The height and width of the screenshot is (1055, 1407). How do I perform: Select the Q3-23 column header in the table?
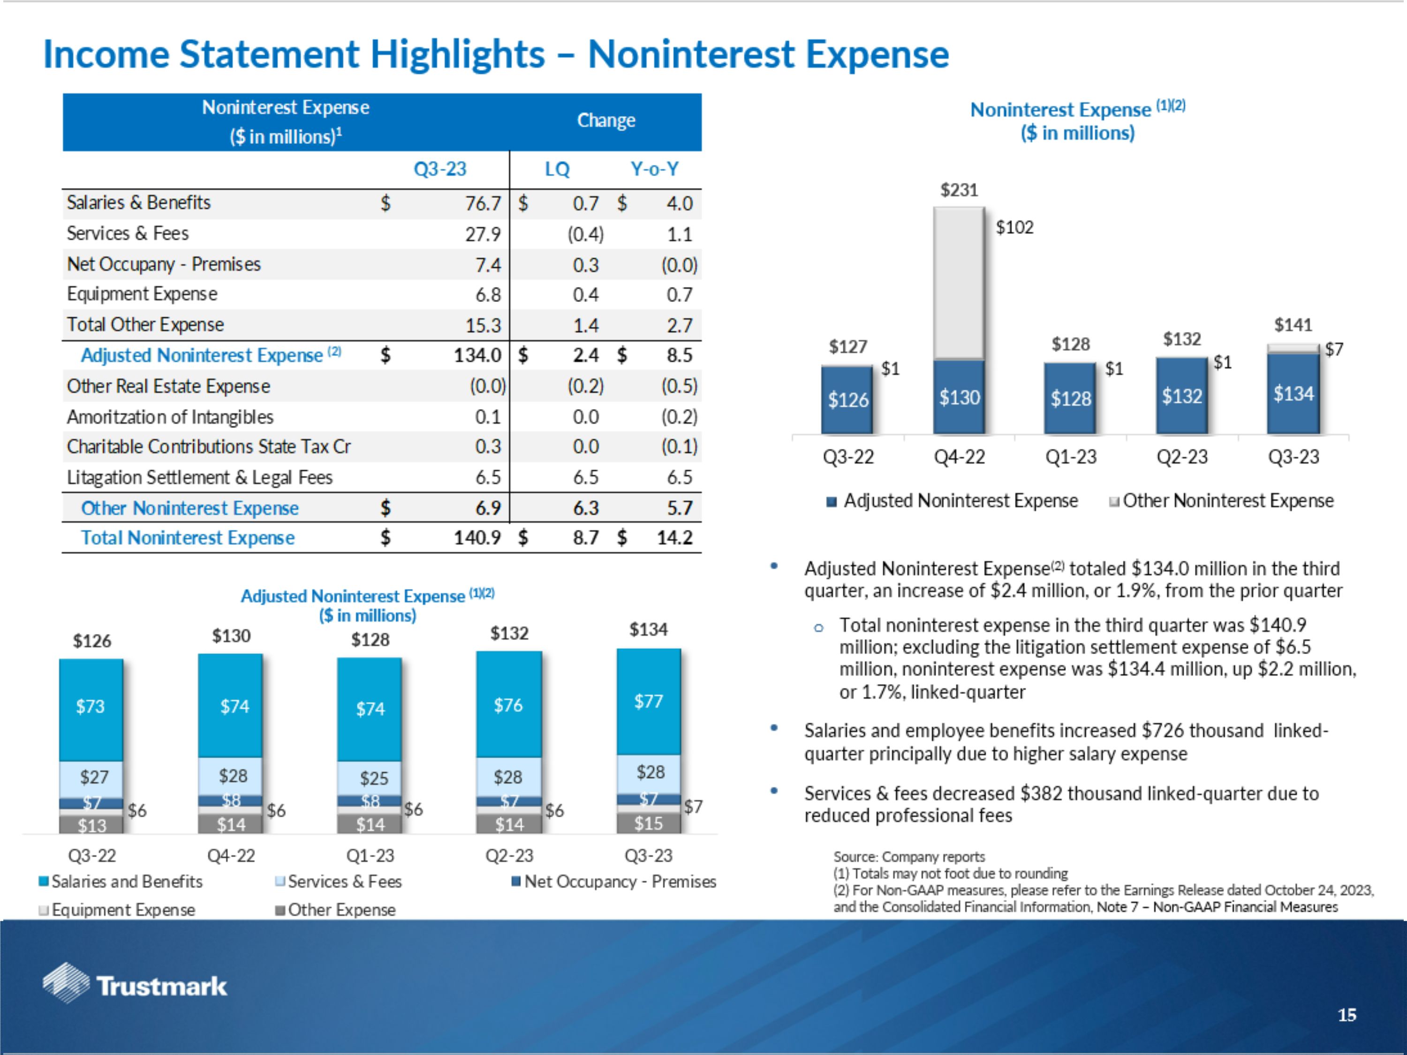pyautogui.click(x=439, y=169)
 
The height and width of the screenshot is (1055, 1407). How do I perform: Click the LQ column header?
pyautogui.click(x=557, y=169)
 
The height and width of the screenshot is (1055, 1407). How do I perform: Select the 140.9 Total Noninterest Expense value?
pyautogui.click(x=477, y=538)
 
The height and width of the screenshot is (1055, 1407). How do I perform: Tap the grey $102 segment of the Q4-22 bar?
pyautogui.click(x=959, y=283)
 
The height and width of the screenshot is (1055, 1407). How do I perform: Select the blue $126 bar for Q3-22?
pyautogui.click(x=847, y=400)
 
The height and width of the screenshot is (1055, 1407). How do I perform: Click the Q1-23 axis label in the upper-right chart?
pyautogui.click(x=1071, y=457)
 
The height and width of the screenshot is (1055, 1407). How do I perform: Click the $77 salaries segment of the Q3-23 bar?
pyautogui.click(x=648, y=701)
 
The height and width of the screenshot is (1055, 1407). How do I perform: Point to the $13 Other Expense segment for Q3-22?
pyautogui.click(x=91, y=825)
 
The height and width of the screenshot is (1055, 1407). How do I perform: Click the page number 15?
pyautogui.click(x=1346, y=1015)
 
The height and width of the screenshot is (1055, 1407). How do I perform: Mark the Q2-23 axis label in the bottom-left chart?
pyautogui.click(x=509, y=856)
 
